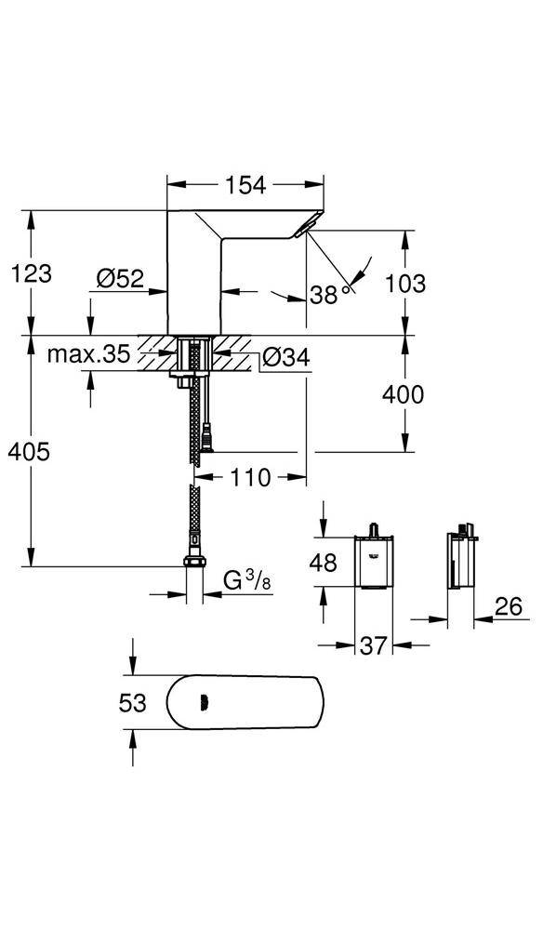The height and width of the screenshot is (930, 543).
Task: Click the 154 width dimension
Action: click(245, 185)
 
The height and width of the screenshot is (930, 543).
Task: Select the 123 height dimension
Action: click(32, 273)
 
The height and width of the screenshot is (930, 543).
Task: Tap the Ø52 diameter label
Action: click(119, 277)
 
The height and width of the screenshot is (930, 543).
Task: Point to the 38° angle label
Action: click(326, 295)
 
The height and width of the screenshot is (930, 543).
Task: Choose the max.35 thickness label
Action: click(89, 355)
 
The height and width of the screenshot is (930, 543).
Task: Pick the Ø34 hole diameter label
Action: click(285, 357)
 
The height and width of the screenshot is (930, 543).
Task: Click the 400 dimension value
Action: click(403, 394)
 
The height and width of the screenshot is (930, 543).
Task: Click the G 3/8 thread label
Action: click(248, 580)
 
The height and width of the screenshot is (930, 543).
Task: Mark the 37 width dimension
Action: click(373, 644)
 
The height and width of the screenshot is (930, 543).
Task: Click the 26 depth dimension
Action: click(507, 607)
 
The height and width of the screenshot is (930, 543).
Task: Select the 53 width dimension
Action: click(134, 702)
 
